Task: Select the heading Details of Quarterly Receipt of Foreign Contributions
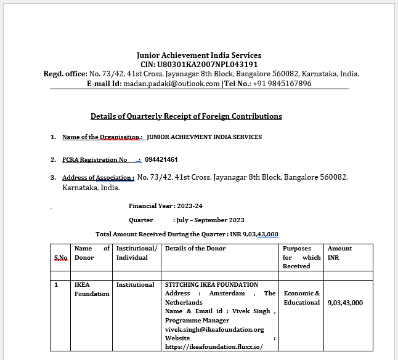coord(186,116)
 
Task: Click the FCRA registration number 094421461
coord(162,159)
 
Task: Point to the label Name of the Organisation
coord(102,137)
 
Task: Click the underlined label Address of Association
coord(98,178)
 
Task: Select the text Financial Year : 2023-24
coord(165,206)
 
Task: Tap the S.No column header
coord(60,257)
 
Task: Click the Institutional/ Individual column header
coord(137,253)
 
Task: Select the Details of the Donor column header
coord(195,249)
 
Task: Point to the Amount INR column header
coord(340,253)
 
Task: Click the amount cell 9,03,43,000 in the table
coord(345,302)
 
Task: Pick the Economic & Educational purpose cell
coord(302,298)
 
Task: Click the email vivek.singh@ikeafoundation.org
coord(214,329)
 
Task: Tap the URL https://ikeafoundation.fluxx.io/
coord(214,347)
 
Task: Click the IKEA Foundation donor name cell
coord(91,289)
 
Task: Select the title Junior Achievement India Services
coord(199,55)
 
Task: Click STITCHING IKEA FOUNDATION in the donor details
coord(211,284)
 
